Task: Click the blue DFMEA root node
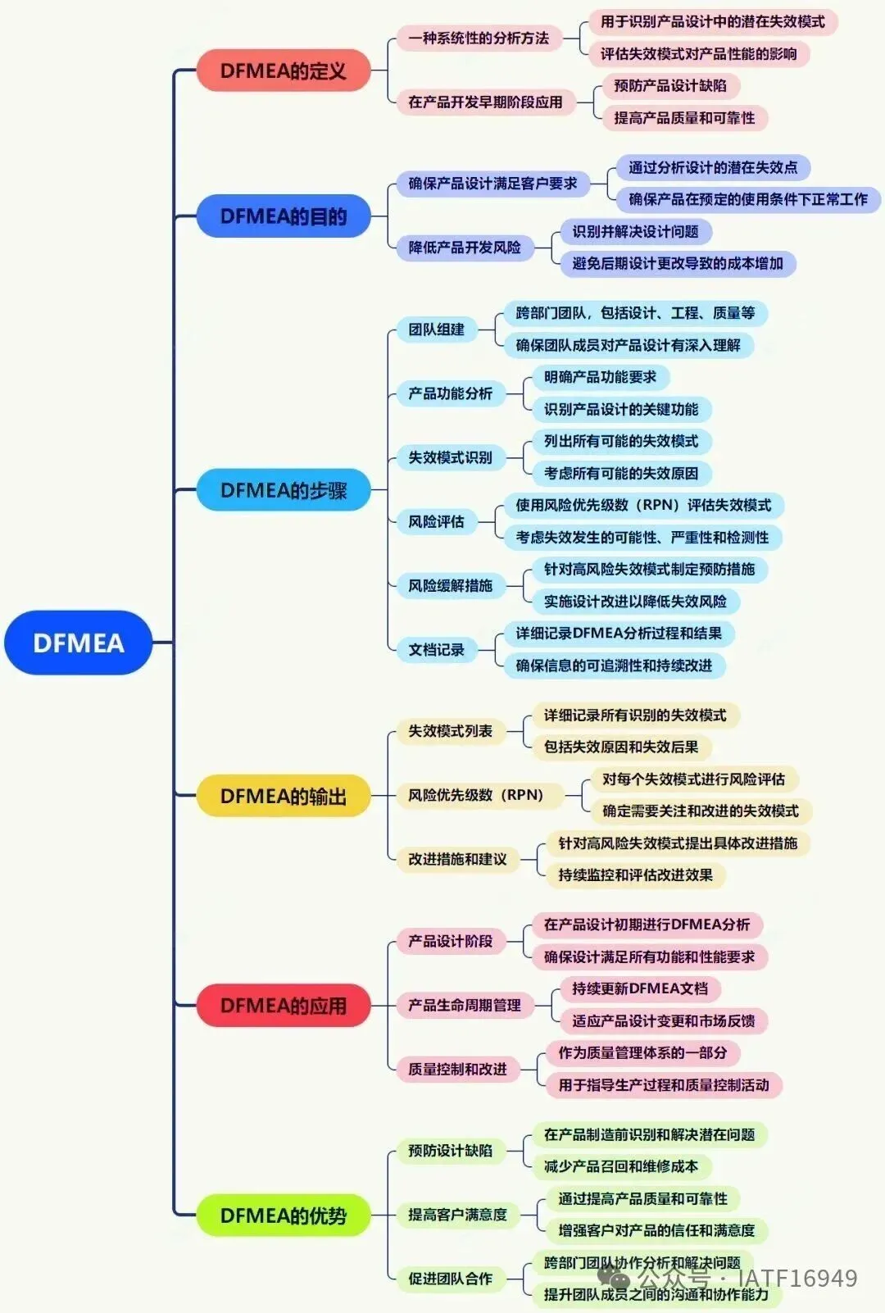(x=79, y=643)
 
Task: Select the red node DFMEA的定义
(x=284, y=70)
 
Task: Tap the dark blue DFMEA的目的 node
(x=284, y=216)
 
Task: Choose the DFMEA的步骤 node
(x=284, y=490)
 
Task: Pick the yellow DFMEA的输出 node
(x=284, y=796)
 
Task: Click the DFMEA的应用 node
(x=284, y=1006)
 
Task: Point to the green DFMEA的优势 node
(x=284, y=1215)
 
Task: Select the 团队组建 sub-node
(x=437, y=329)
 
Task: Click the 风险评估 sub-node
(x=437, y=521)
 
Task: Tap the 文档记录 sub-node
(x=437, y=650)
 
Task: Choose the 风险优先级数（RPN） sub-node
(x=476, y=795)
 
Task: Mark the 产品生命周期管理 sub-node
(x=465, y=1005)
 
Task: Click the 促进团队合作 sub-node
(x=451, y=1279)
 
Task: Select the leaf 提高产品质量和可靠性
(x=684, y=118)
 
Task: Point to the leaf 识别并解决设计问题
(x=636, y=232)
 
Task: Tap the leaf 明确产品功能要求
(x=601, y=377)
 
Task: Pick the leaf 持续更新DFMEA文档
(x=640, y=988)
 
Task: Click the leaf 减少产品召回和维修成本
(x=621, y=1166)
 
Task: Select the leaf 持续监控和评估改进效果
(x=636, y=875)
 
